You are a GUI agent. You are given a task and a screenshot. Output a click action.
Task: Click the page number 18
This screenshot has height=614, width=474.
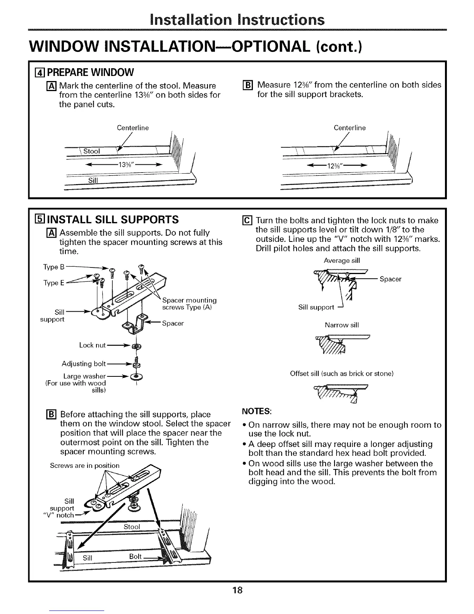pyautogui.click(x=237, y=590)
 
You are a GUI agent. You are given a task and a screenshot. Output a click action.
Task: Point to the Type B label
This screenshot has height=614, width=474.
pyautogui.click(x=51, y=267)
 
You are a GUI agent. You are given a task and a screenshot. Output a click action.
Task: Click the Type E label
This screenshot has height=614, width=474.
pyautogui.click(x=51, y=283)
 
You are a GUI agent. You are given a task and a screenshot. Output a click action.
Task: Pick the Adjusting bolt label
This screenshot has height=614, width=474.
pyautogui.click(x=84, y=364)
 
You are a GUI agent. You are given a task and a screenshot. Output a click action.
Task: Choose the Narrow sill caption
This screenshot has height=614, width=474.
pyautogui.click(x=342, y=325)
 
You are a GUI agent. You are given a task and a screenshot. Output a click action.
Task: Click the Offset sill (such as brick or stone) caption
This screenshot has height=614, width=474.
pyautogui.click(x=342, y=374)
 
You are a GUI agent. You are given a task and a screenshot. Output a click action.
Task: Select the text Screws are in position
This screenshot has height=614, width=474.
pyautogui.click(x=85, y=465)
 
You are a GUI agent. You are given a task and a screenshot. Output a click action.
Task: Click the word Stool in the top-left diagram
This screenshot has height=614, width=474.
pyautogui.click(x=91, y=151)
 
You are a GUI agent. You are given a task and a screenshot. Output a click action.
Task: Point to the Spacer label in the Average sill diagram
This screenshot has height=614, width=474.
pyautogui.click(x=390, y=279)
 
